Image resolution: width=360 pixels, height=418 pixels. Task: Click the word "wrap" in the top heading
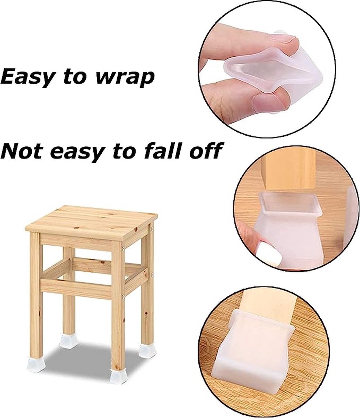pyautogui.click(x=125, y=78)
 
